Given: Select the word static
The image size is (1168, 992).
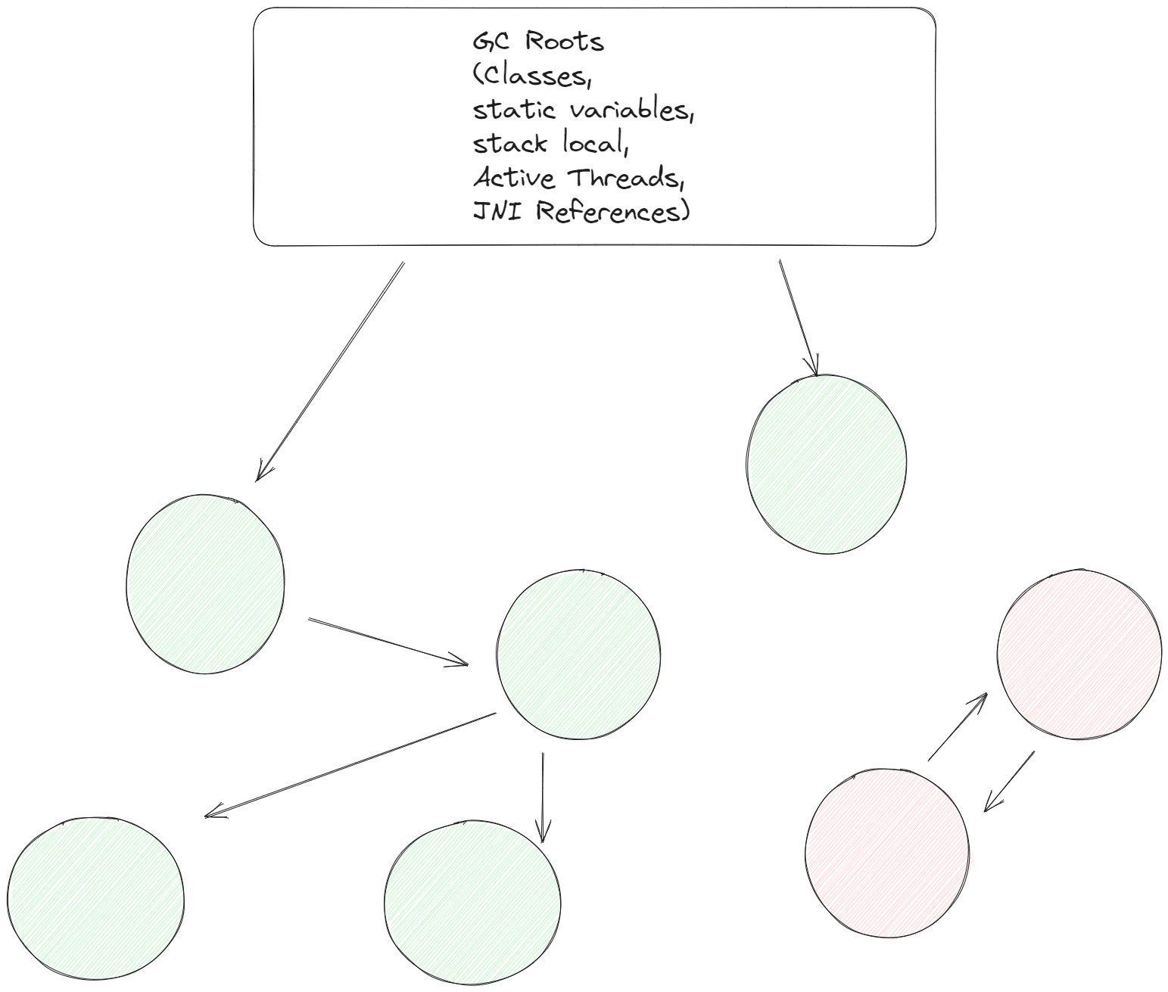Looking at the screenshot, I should click(515, 110).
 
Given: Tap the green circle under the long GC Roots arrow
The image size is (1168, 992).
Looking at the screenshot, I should click(206, 584).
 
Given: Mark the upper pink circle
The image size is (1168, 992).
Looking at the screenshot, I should click(1080, 655).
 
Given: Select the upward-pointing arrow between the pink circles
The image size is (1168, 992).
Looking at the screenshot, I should click(957, 727).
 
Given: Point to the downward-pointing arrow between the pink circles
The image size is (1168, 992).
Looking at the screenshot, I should click(1010, 781).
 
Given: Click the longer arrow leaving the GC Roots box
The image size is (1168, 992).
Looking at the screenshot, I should click(331, 371).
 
